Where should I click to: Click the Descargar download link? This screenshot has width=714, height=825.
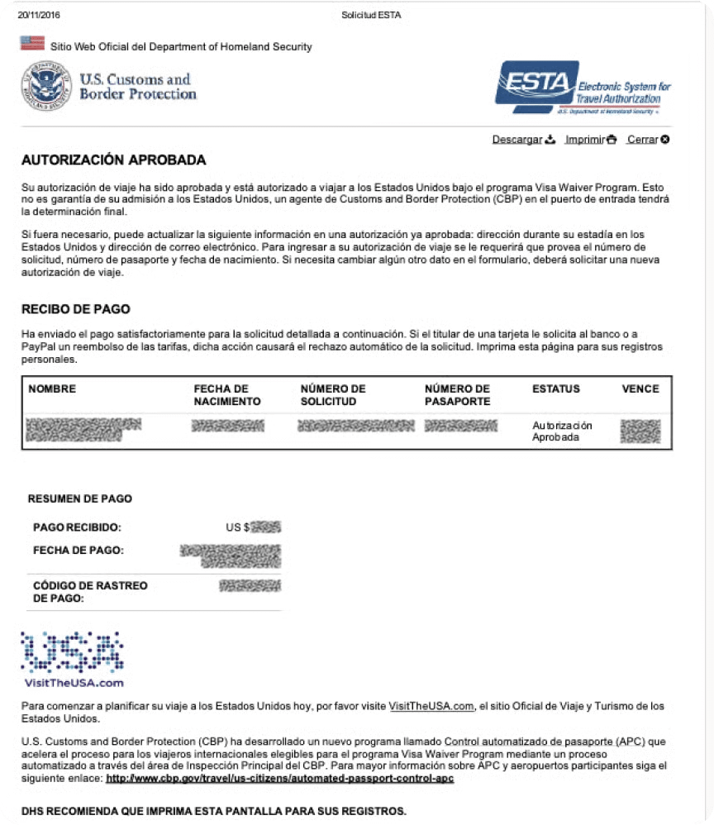click(x=523, y=140)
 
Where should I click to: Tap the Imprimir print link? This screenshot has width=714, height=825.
click(x=590, y=140)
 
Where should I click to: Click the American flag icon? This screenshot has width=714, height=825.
click(x=32, y=43)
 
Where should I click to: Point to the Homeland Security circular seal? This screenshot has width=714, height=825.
click(x=46, y=88)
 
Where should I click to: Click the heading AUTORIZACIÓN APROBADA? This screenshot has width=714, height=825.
click(x=113, y=160)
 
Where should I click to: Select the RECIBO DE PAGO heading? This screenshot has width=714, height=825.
click(x=75, y=309)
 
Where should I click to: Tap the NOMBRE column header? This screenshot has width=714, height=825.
click(x=52, y=389)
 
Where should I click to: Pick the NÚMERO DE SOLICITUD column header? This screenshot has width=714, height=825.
click(x=333, y=395)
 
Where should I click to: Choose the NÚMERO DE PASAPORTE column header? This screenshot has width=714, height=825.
click(x=457, y=395)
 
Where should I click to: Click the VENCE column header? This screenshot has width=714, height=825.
click(x=640, y=389)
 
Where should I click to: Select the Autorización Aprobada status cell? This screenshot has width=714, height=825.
click(x=562, y=432)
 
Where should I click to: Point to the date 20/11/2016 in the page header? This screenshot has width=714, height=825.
click(x=39, y=15)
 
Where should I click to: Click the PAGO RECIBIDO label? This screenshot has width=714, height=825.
click(x=77, y=527)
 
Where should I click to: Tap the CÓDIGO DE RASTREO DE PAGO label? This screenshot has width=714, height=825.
click(x=90, y=592)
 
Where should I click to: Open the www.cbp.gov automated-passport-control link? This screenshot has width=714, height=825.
click(x=280, y=779)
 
